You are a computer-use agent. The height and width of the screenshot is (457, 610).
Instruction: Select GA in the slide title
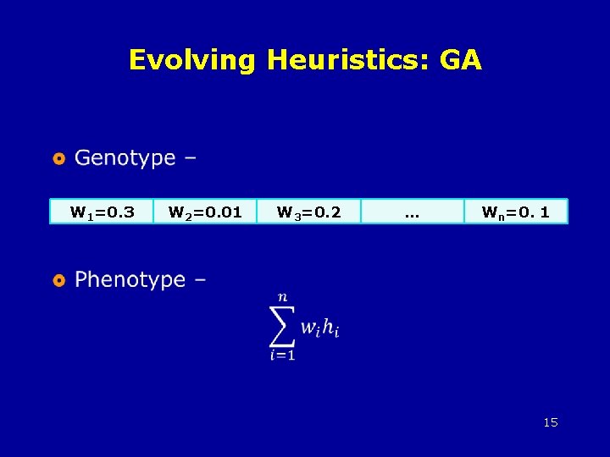(462, 60)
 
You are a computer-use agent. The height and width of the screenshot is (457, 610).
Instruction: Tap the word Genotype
(125, 158)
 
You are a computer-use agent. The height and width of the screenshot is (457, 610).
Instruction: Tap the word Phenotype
(130, 280)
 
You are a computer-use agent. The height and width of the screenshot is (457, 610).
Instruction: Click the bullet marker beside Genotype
(58, 158)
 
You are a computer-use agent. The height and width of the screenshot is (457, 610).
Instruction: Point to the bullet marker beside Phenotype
(58, 280)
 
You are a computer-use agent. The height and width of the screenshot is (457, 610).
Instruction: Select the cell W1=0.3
(103, 212)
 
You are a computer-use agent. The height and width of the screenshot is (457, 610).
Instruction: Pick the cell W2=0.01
(206, 212)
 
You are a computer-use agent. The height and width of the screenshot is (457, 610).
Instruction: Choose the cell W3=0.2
(309, 212)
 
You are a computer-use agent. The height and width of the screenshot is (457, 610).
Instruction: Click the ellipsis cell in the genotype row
(413, 212)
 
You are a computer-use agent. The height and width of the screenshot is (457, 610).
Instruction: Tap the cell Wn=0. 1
(515, 212)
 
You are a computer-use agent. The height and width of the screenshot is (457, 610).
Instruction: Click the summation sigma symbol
(283, 326)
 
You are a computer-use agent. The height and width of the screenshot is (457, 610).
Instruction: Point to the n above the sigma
(282, 297)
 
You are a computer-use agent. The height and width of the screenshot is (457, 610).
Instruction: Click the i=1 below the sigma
(282, 356)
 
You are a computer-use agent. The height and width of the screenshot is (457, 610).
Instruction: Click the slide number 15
(551, 422)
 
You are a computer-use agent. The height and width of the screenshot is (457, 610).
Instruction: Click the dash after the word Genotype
(190, 159)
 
